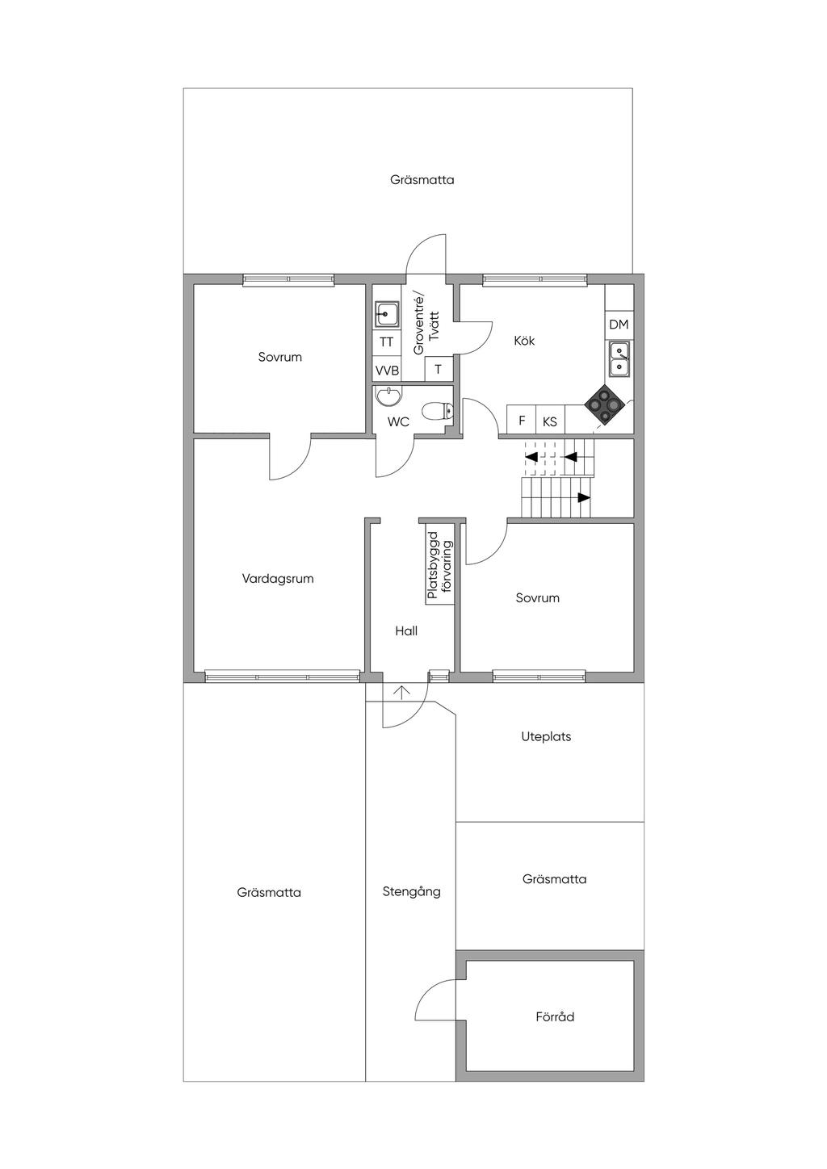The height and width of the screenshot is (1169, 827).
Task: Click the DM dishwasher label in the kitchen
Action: tap(619, 325)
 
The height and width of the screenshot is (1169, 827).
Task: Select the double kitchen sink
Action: tap(619, 358)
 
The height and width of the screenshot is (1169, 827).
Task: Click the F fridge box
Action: tap(522, 421)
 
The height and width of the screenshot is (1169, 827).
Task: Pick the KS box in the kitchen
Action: tap(550, 421)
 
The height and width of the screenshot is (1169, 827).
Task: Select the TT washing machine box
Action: tap(387, 341)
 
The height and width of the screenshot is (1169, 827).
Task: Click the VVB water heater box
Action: tap(387, 371)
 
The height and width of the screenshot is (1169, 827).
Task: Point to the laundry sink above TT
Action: tap(387, 312)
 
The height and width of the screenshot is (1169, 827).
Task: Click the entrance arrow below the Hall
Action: tap(402, 691)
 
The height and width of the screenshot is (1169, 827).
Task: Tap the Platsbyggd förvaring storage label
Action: tap(440, 565)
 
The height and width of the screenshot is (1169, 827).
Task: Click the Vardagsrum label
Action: tap(278, 578)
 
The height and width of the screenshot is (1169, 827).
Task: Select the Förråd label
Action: tap(555, 1016)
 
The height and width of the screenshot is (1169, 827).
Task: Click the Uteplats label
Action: tap(546, 736)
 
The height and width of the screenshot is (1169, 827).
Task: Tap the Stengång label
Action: tap(411, 891)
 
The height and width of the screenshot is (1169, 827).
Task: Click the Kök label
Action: tap(524, 341)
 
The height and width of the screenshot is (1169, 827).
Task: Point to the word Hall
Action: tap(406, 631)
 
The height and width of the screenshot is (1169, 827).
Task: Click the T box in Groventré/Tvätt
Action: tap(439, 370)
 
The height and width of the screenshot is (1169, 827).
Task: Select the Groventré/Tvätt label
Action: tap(425, 325)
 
